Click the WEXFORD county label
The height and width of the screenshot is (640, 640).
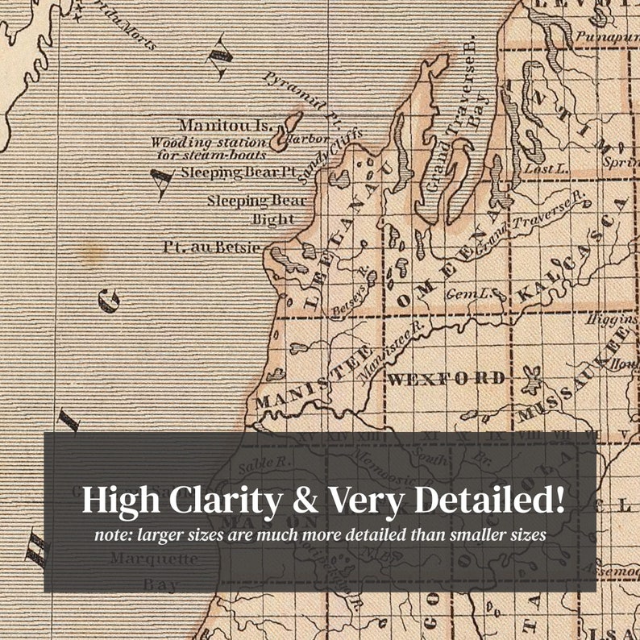[447, 377]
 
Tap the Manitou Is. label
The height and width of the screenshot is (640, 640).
[225, 125]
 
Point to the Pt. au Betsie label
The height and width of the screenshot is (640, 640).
[212, 247]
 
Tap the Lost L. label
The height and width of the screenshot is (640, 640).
[539, 168]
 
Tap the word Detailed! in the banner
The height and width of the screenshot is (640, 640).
[489, 501]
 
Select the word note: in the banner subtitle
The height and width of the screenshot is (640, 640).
[114, 534]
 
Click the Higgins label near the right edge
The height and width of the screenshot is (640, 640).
[612, 319]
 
